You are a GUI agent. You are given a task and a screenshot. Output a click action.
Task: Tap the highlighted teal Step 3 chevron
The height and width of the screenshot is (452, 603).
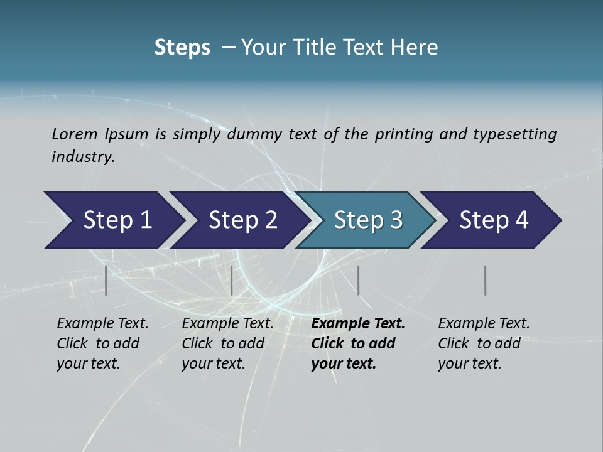(x=367, y=220)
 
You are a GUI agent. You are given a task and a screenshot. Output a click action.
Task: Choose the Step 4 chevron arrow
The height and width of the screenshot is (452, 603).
(x=493, y=220)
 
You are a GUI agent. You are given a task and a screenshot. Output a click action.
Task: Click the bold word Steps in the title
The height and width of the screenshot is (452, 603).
(x=182, y=48)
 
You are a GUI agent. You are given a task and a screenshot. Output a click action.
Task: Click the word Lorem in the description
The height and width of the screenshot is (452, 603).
(x=74, y=134)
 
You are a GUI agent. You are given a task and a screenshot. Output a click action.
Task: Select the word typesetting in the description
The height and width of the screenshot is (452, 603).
(x=514, y=134)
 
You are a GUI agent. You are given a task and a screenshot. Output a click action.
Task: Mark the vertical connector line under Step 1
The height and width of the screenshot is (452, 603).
(x=106, y=280)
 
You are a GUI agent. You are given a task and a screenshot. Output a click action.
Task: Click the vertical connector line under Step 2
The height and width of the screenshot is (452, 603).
(x=232, y=280)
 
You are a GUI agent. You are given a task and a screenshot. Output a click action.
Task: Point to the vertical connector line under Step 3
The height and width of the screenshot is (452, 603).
(x=358, y=280)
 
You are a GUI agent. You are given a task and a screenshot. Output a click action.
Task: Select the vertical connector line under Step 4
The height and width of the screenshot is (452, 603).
(x=486, y=280)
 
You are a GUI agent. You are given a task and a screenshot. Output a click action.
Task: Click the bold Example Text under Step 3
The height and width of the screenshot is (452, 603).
(x=358, y=323)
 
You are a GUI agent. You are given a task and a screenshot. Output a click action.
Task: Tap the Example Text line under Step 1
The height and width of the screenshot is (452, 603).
(x=102, y=323)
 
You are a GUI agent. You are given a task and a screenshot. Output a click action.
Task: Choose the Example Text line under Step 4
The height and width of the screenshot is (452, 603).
(x=484, y=323)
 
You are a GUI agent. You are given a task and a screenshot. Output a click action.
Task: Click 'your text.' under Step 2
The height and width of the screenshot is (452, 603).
(x=213, y=363)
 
